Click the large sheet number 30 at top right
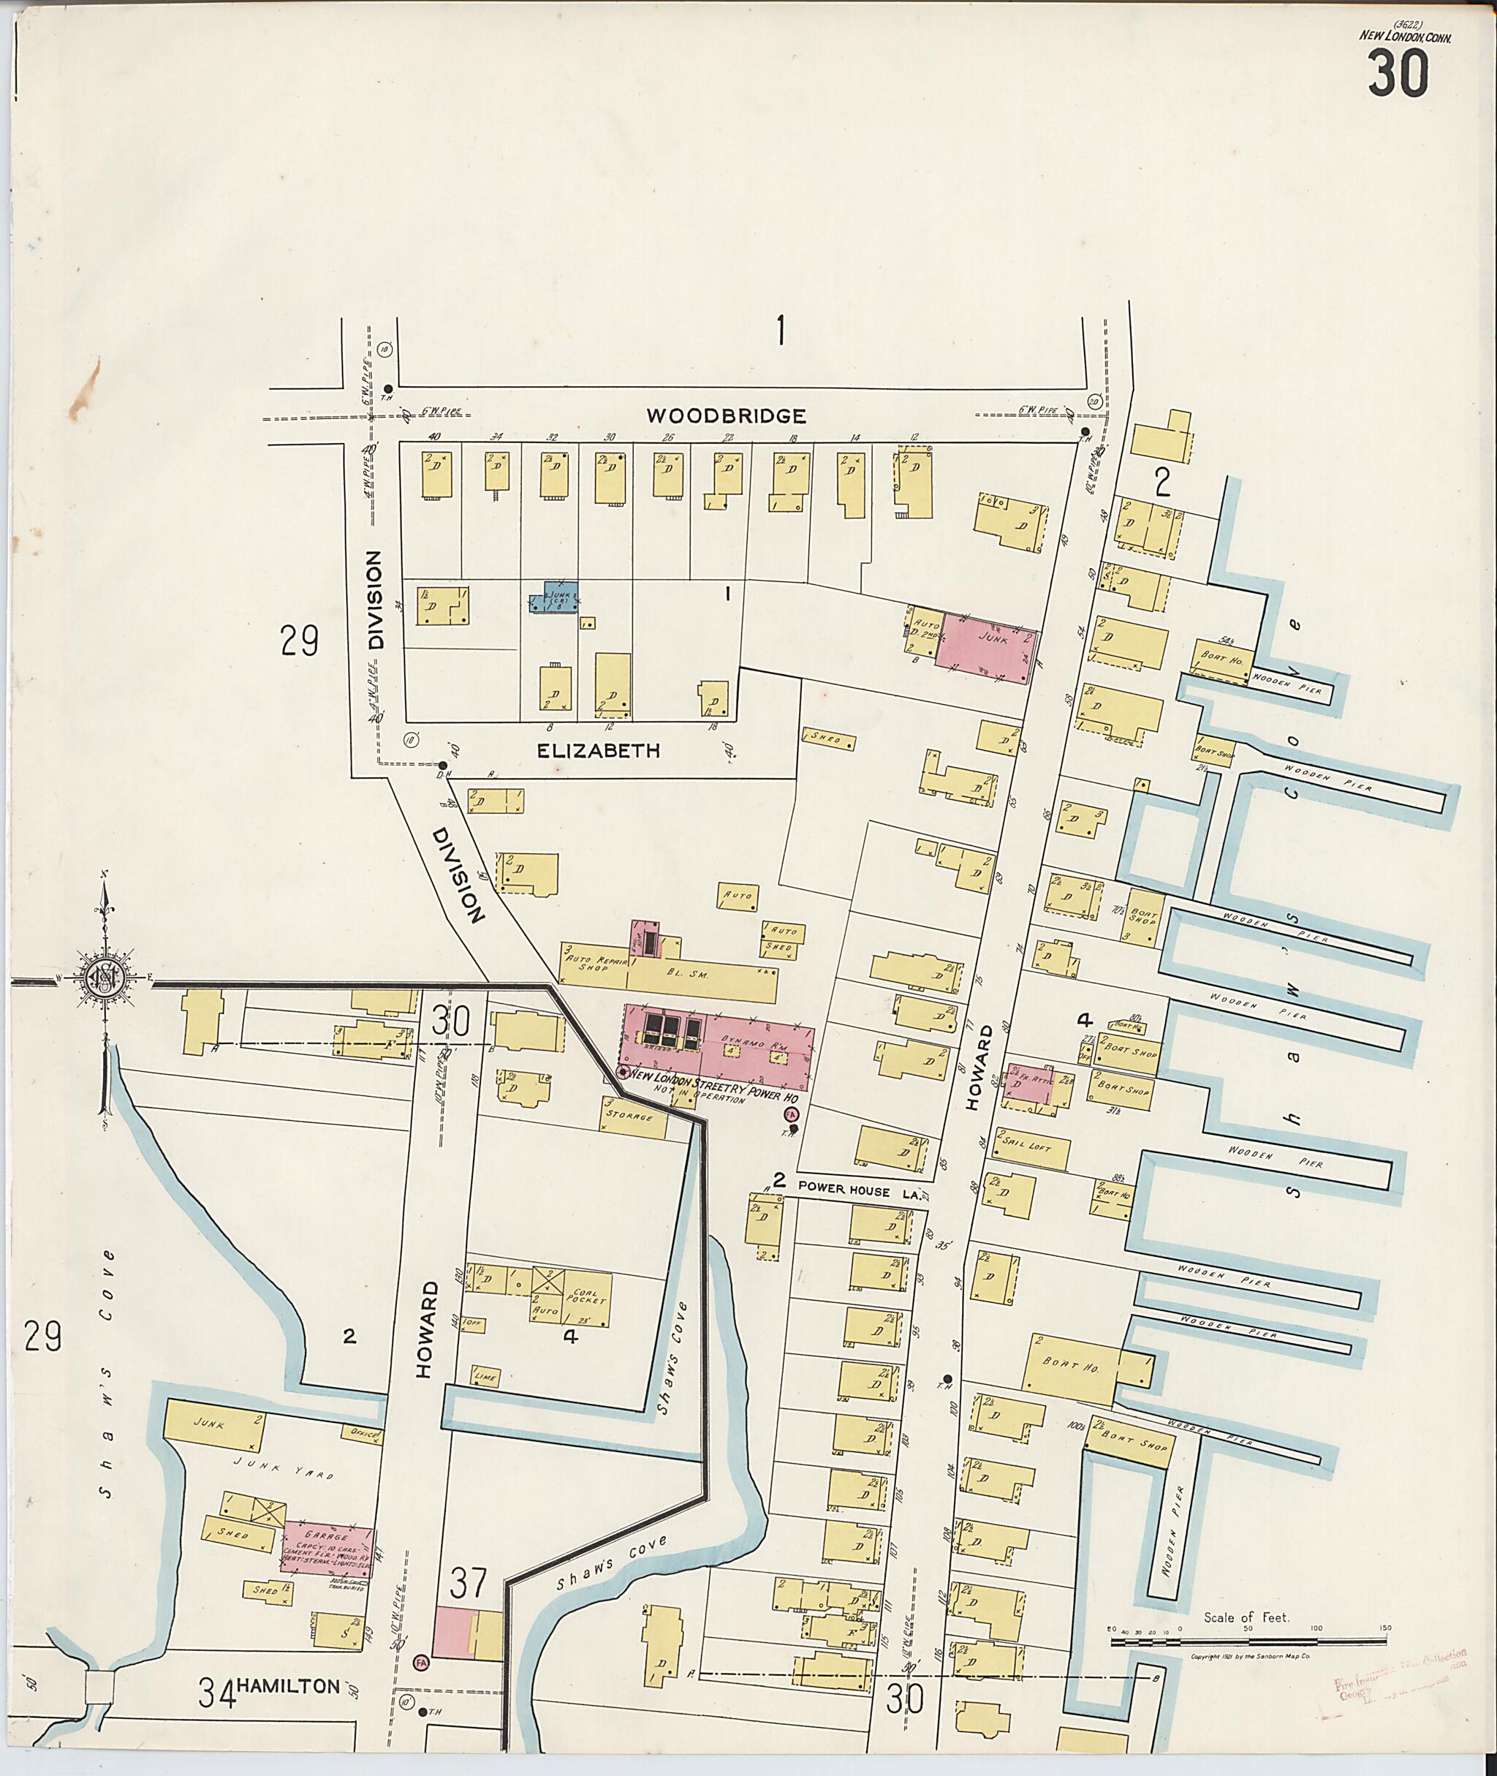[x=1398, y=74]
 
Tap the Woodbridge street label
[x=726, y=416]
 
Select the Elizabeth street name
[x=599, y=750]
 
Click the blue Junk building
[x=554, y=597]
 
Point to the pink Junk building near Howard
[x=987, y=644]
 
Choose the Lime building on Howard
[x=486, y=1376]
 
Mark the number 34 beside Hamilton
[x=217, y=1693]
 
